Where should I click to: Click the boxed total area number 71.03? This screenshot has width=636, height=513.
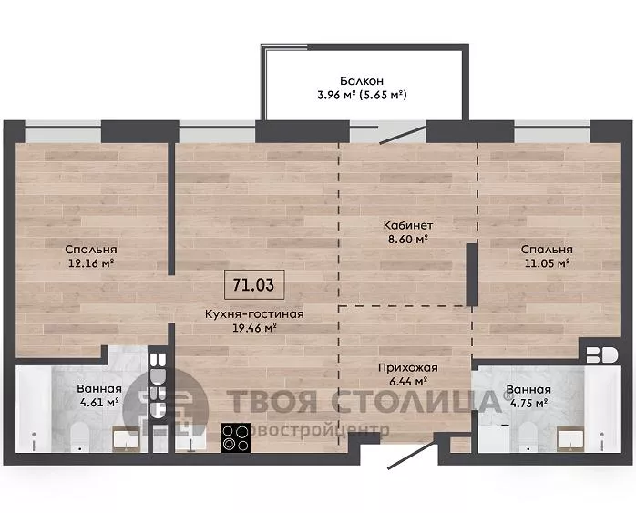click(254, 284)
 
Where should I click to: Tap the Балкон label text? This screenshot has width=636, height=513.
click(362, 81)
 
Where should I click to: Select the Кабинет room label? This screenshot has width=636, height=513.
click(408, 225)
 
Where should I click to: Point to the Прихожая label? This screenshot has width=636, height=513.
click(407, 368)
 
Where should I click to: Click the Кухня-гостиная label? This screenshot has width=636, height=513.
click(254, 313)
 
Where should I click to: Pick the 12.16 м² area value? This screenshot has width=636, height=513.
click(91, 263)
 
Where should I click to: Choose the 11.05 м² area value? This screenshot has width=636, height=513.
click(548, 263)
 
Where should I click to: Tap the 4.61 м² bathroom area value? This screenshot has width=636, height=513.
click(99, 403)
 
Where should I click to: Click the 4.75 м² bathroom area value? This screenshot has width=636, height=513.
click(528, 403)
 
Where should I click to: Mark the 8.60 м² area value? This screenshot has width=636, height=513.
click(408, 240)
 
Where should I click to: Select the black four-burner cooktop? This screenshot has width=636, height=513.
click(235, 438)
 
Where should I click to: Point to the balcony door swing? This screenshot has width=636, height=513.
click(401, 134)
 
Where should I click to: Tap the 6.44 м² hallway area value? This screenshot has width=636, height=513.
click(407, 382)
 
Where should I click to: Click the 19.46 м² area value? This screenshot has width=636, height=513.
click(254, 328)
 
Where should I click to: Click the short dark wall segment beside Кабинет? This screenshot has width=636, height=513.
click(472, 274)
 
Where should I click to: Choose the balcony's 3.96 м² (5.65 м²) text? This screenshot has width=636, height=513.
click(362, 95)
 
